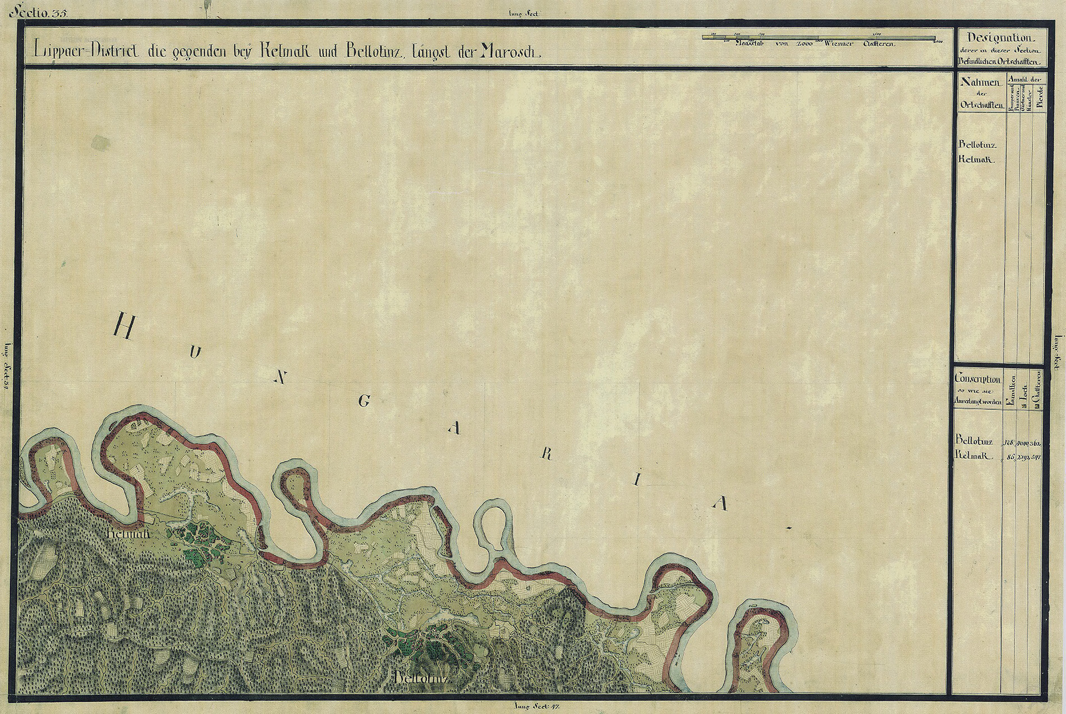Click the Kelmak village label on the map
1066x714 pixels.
(x=127, y=533)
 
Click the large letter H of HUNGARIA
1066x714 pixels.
(x=125, y=326)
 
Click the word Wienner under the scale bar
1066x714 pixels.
(x=838, y=44)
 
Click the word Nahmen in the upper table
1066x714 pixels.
(x=981, y=83)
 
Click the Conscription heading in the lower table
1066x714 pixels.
(x=978, y=379)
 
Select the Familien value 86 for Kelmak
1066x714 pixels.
(x=1010, y=457)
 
